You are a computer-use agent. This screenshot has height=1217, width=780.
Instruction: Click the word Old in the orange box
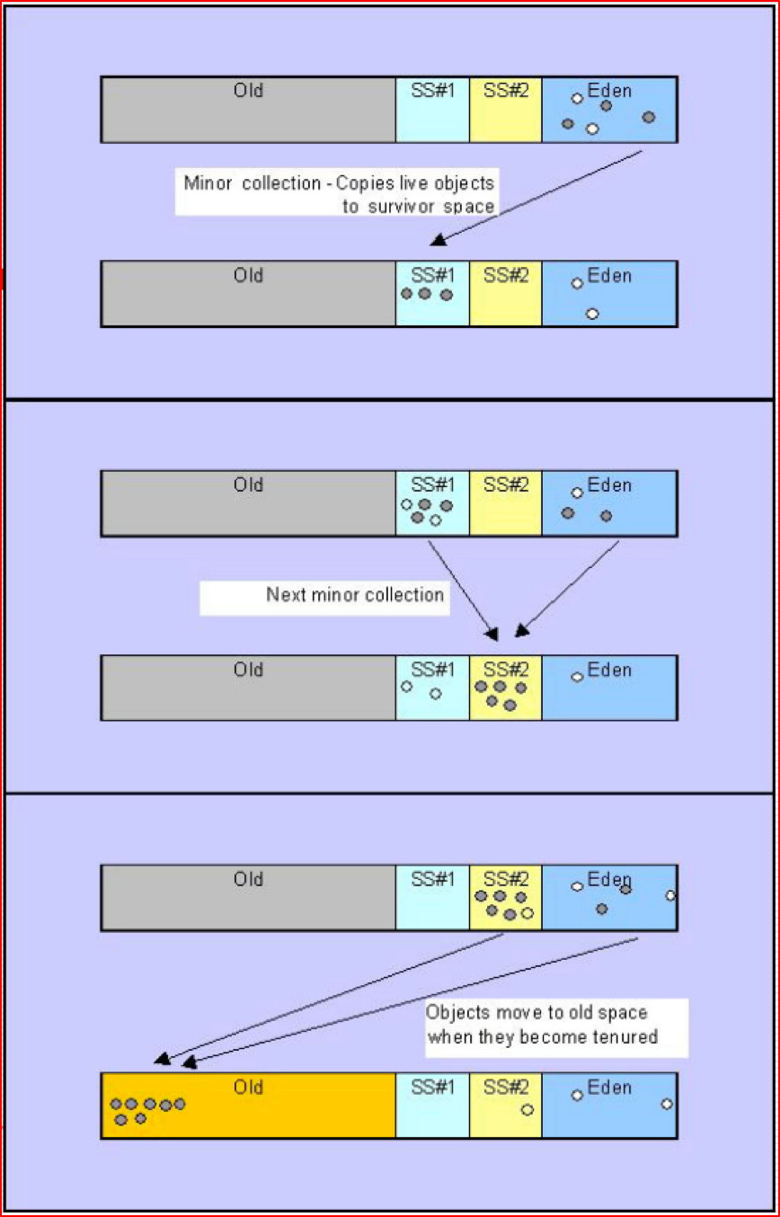[x=248, y=1088]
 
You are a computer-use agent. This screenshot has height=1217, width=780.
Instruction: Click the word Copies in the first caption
[x=368, y=183]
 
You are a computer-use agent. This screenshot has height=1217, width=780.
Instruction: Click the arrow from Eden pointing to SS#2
[x=568, y=589]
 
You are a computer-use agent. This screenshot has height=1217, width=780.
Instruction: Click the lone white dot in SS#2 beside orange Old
[x=527, y=1109]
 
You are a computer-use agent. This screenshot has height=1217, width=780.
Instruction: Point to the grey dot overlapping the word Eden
[x=625, y=889]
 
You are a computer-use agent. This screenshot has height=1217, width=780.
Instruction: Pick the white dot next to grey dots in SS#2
[x=527, y=913]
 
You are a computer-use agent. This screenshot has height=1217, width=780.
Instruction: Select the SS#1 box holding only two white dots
[x=432, y=688]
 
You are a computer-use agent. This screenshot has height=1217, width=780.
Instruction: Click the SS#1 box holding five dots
[x=432, y=503]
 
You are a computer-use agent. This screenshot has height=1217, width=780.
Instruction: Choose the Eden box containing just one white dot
[x=609, y=688]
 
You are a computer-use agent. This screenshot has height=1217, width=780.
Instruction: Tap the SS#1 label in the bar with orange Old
[x=432, y=1088]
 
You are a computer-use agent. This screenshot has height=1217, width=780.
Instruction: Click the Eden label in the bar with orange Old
[x=609, y=1088]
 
